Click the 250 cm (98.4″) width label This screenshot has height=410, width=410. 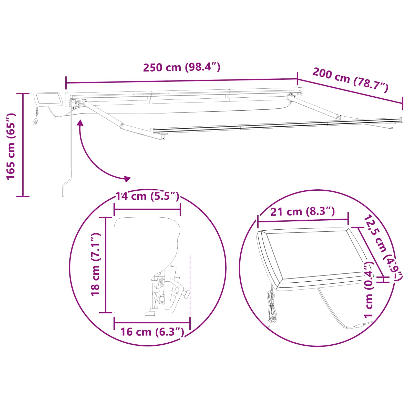(181, 67)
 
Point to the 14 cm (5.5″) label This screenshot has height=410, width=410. (147, 197)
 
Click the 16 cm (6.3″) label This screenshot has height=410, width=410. (152, 332)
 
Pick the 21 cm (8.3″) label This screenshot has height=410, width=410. (303, 212)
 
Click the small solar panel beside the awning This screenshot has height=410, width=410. (49, 99)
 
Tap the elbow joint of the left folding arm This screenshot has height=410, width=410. (122, 126)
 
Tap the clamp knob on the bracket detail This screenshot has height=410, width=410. (187, 294)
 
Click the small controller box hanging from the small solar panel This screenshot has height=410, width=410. (35, 122)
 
